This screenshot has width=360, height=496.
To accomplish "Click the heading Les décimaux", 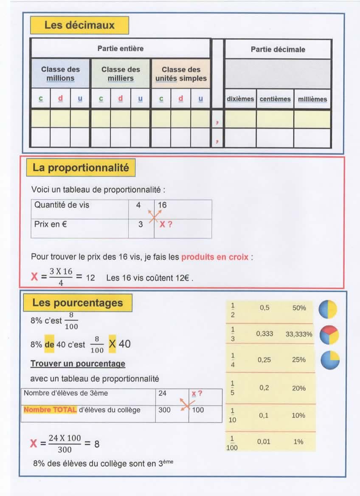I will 79,25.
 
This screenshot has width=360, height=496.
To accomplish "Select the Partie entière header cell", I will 121,48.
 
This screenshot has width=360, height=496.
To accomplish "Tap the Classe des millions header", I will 60,73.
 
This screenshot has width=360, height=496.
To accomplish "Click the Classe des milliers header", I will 121,73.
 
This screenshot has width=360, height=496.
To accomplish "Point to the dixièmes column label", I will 240,99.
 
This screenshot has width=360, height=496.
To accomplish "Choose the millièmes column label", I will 312,99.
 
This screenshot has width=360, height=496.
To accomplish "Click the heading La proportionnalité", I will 81,168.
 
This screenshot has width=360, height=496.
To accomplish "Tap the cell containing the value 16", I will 162,205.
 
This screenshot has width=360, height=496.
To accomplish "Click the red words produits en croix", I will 215,257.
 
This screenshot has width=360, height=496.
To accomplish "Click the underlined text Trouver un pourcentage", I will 78,364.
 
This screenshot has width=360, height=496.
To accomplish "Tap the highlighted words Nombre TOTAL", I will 50,410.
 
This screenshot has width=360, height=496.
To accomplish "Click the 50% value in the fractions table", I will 299,308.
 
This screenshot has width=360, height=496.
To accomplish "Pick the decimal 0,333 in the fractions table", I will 264,334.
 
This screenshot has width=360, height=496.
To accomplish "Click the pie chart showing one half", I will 328,309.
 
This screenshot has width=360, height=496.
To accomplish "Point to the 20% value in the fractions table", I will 299,388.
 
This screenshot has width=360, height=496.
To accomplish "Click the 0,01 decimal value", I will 264,442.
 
